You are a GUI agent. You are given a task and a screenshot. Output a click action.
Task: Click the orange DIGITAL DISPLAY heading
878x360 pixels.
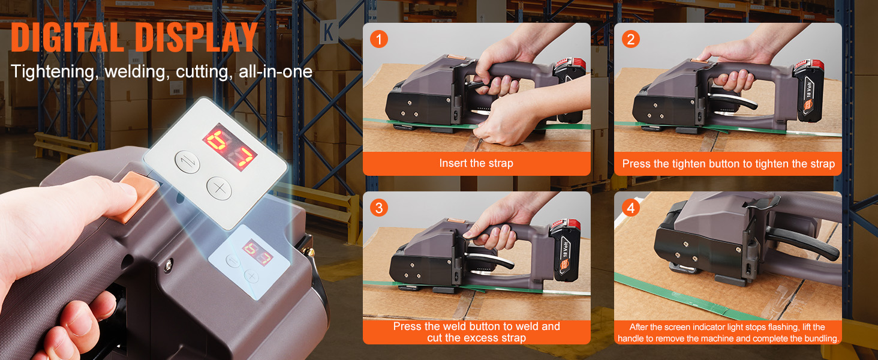coord(134,37)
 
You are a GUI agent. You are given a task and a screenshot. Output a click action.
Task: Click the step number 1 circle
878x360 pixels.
coord(378,40)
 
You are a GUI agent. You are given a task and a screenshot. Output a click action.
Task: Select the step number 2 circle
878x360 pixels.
coord(630,40)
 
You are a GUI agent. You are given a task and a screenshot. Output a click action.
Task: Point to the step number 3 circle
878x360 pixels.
coord(378,208)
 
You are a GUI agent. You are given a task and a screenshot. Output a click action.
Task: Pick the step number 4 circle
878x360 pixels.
coord(630,208)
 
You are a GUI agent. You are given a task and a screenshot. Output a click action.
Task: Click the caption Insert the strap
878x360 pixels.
coord(476,163)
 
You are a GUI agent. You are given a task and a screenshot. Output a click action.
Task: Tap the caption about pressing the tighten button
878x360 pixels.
coord(728,164)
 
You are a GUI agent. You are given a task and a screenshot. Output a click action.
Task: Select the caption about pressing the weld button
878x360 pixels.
coord(476,332)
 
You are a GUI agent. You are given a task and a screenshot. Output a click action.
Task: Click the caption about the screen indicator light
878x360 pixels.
coord(727,332)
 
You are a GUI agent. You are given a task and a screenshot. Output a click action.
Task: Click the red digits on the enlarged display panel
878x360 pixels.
coord(230,147)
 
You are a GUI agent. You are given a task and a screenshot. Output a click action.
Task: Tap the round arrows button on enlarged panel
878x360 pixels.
coord(187,162)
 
